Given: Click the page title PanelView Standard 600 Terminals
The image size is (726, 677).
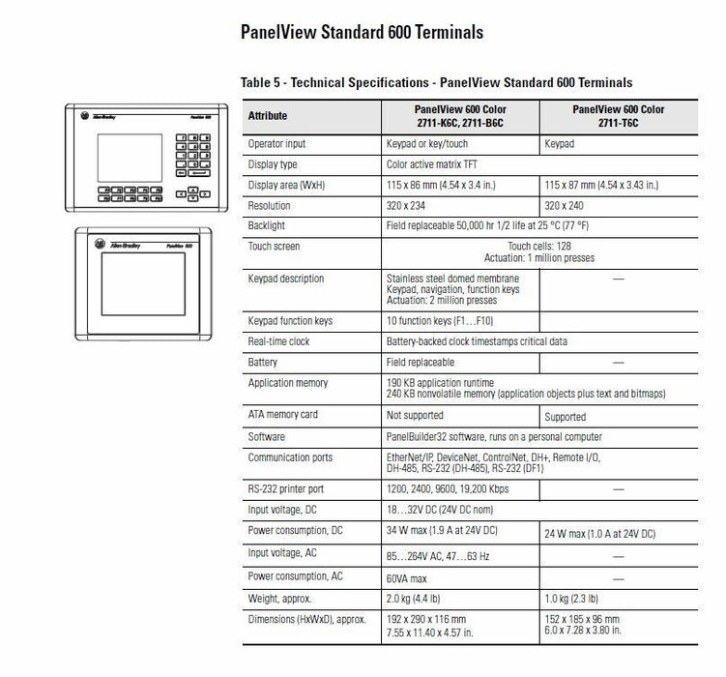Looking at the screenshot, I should click(x=362, y=33).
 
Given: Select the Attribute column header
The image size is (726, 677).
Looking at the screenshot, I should click(x=268, y=116).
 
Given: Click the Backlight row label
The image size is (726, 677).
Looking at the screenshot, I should click(x=267, y=224).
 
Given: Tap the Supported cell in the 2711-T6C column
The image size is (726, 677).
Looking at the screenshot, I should click(x=566, y=417).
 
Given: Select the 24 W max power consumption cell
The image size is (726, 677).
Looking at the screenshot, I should click(x=600, y=533).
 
